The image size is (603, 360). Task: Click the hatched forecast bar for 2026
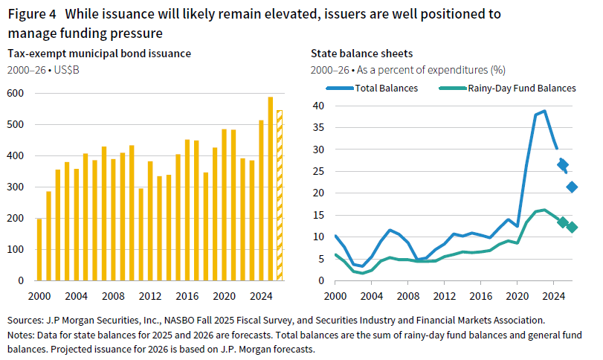(x=280, y=196)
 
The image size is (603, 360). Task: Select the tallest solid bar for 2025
(x=271, y=189)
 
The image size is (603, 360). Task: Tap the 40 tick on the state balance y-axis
(x=318, y=106)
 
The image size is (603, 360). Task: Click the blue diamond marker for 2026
(x=572, y=187)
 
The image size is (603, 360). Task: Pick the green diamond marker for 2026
(x=572, y=227)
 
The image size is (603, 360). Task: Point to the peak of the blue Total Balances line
(x=544, y=112)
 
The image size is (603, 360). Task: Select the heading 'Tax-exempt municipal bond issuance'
(x=99, y=54)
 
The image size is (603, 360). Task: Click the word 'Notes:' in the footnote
(x=23, y=335)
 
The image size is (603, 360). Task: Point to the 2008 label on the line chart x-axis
(x=407, y=295)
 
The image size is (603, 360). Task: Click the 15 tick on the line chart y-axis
(x=318, y=215)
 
